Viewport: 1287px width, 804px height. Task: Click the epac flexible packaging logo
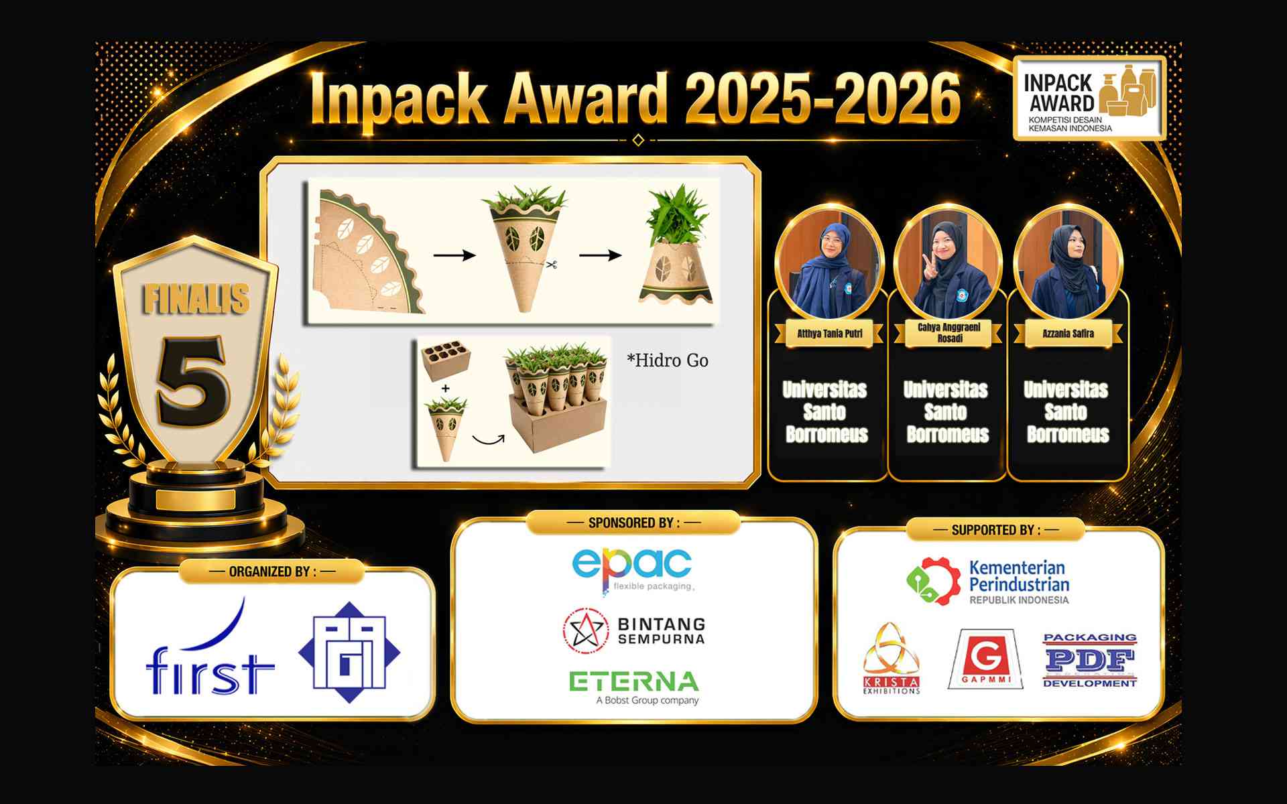[x=632, y=570]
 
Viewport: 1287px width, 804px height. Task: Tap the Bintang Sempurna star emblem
[x=585, y=630]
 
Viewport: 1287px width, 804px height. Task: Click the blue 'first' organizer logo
[x=210, y=647]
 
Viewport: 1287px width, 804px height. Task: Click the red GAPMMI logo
[x=985, y=659]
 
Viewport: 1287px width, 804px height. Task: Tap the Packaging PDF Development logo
[x=1090, y=660]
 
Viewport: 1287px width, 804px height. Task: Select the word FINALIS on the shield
[x=196, y=299]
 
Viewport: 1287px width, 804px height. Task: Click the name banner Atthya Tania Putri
[x=830, y=334]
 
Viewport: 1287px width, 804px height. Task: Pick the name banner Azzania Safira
[x=1068, y=334]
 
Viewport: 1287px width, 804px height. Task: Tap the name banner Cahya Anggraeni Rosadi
[x=948, y=333]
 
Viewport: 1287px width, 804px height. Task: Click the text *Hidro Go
[x=667, y=360]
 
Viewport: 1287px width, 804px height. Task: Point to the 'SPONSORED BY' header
[x=633, y=523]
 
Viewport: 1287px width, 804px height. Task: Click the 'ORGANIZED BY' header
[x=272, y=572]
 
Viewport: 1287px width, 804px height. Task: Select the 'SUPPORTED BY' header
[x=995, y=530]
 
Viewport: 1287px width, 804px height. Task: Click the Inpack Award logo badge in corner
[x=1089, y=98]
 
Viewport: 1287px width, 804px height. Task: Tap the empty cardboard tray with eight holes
[x=445, y=361]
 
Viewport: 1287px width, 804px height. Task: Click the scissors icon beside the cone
[x=552, y=265]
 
